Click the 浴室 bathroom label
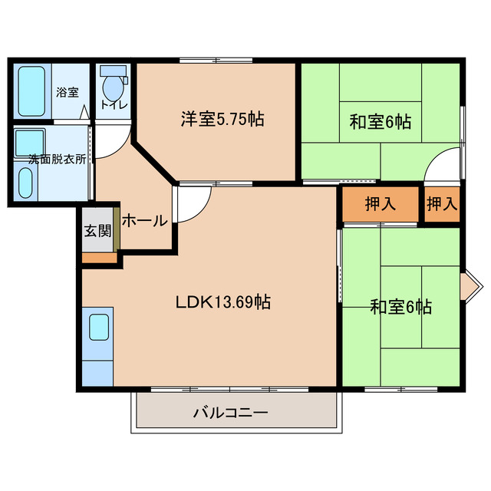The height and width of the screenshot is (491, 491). (x=67, y=92)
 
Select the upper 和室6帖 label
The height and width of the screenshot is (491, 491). (x=381, y=121)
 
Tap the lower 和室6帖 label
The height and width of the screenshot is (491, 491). (x=400, y=308)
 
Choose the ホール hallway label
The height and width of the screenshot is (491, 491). (x=144, y=221)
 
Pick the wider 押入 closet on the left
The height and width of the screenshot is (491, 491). (x=381, y=204)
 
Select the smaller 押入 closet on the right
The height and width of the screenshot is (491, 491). (x=442, y=204)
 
